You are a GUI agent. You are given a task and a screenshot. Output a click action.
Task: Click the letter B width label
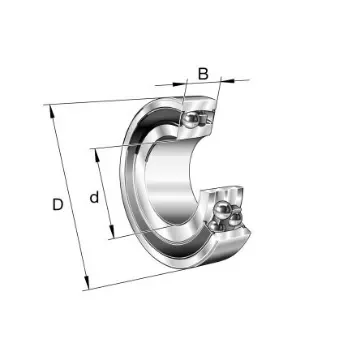[x=203, y=73]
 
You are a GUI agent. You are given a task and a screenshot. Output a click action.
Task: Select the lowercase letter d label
[x=94, y=198]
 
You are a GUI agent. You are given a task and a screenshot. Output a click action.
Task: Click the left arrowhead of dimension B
[x=186, y=83]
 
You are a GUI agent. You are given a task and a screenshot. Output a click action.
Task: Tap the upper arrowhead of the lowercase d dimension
[x=97, y=151]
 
